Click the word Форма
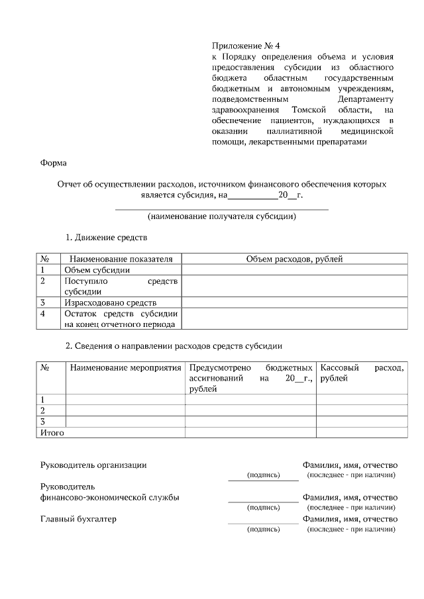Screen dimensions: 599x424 (x=54, y=162)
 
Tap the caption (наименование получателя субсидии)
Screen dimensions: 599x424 (x=222, y=216)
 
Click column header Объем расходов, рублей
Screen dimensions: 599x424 (x=294, y=259)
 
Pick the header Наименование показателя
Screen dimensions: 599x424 (x=121, y=259)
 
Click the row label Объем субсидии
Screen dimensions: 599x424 (x=92, y=270)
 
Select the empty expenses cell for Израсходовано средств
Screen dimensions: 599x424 (x=294, y=302)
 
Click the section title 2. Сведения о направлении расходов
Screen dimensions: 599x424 (x=174, y=346)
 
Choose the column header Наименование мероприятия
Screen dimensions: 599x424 (x=125, y=367)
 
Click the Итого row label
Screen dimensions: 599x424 (x=52, y=433)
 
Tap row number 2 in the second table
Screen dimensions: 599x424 (x=43, y=410)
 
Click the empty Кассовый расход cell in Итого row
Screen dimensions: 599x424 (x=361, y=433)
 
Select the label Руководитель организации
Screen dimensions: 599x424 (x=93, y=465)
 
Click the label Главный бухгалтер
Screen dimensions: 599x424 (x=78, y=519)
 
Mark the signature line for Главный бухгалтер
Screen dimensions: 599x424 (x=263, y=523)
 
